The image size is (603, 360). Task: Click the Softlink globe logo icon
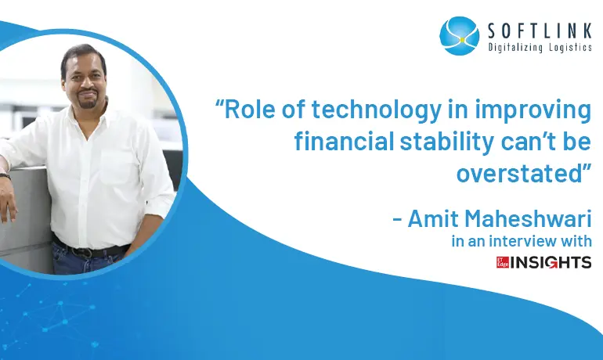click(x=459, y=36)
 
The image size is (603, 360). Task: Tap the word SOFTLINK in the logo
click(x=540, y=31)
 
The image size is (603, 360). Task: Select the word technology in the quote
click(x=377, y=110)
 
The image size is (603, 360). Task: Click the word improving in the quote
click(x=533, y=110)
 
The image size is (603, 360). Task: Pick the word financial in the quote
click(x=345, y=141)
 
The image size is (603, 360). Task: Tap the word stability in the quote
click(x=447, y=142)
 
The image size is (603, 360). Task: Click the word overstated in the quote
click(x=519, y=173)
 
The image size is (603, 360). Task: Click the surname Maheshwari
click(x=528, y=218)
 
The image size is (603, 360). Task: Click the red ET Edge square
click(x=503, y=262)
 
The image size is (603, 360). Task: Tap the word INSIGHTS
click(x=551, y=262)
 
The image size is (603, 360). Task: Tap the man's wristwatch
click(x=5, y=176)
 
